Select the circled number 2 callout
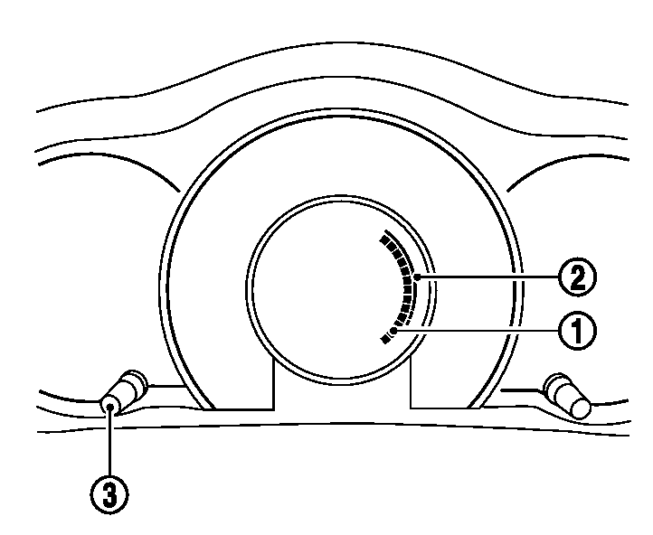tap(576, 277)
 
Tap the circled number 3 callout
tap(109, 495)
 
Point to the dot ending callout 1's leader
tap(395, 333)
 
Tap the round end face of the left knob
tap(111, 406)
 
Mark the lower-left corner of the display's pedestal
tap(273, 409)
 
